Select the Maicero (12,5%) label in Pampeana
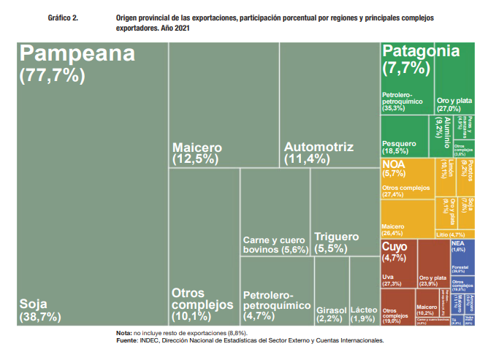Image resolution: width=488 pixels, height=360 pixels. pyautogui.click(x=197, y=152)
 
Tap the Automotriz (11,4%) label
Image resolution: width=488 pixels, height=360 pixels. pyautogui.click(x=318, y=152)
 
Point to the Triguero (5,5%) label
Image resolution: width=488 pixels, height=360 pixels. pyautogui.click(x=336, y=242)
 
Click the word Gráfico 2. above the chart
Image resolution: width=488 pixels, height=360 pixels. pyautogui.click(x=62, y=15)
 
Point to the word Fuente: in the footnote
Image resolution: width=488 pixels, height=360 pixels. pyautogui.click(x=128, y=340)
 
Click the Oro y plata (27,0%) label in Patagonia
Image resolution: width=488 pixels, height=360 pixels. pyautogui.click(x=454, y=104)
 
